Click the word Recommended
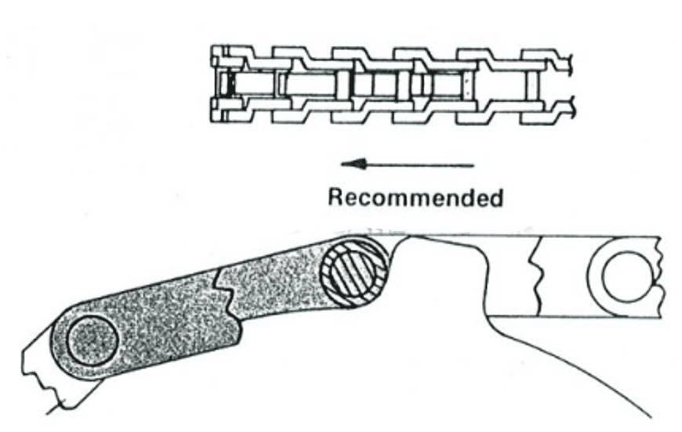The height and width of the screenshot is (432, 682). click(x=415, y=197)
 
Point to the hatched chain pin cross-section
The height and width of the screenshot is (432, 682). click(x=354, y=272)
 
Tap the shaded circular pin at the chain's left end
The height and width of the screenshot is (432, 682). click(x=93, y=340)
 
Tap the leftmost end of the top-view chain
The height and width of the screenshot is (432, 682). click(x=212, y=84)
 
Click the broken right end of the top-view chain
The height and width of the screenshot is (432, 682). click(x=573, y=84)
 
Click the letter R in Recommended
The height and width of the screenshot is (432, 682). click(x=336, y=197)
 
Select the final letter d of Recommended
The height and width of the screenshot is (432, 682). click(x=495, y=197)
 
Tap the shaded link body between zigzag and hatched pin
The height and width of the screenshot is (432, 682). click(x=278, y=286)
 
